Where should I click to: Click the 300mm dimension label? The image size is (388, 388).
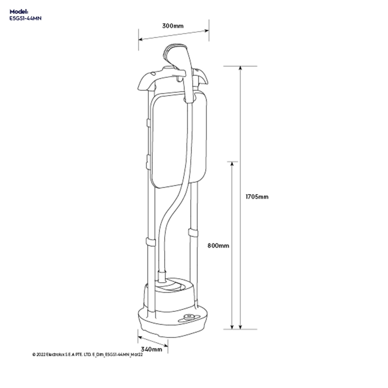coord(173,26)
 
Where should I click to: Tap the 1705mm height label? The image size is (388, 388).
coord(257,197)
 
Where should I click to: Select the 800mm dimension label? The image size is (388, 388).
coord(218,245)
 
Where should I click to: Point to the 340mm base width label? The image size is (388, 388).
coord(151,349)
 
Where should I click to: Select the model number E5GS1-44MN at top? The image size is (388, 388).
coord(25,18)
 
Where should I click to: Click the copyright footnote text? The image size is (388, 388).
coord(87,355)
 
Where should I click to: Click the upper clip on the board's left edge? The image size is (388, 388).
coord(148,123)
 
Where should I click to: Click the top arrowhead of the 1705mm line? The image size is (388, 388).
coord(240,68)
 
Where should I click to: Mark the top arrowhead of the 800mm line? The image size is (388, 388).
coord(232,164)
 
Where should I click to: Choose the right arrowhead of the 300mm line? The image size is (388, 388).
coord(207,31)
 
